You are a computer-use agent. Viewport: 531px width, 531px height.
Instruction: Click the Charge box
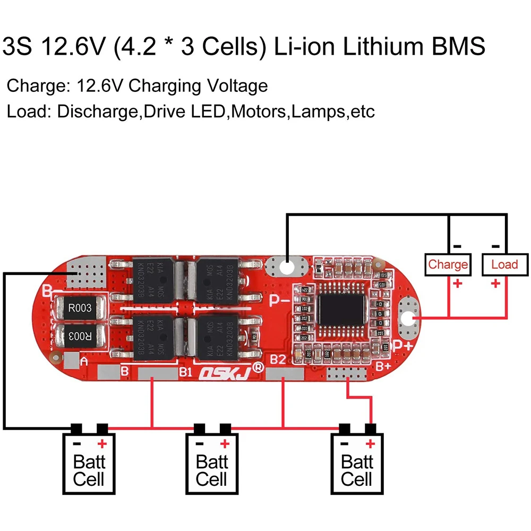[448, 264]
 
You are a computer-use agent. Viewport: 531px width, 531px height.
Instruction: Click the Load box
[504, 264]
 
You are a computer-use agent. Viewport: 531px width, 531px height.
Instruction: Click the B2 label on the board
[278, 359]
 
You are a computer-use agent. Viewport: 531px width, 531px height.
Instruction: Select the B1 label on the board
[185, 371]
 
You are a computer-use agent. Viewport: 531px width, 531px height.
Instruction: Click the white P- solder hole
[287, 267]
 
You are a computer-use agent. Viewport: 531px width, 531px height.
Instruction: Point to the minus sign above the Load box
[496, 246]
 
